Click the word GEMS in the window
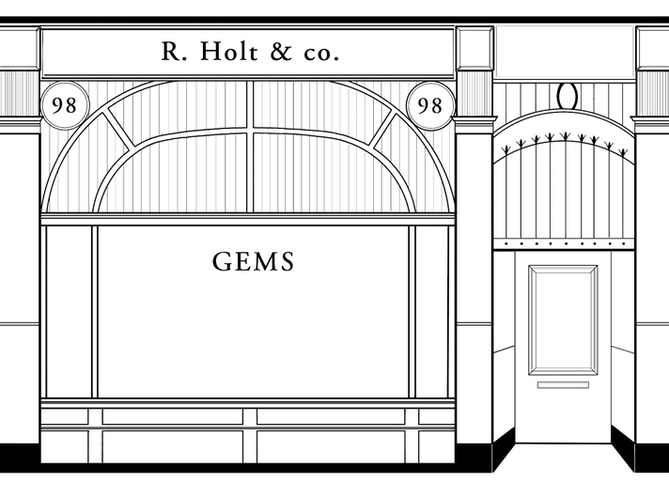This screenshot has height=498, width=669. tap(254, 261)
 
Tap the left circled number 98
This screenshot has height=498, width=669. tap(65, 104)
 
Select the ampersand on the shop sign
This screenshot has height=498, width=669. tap(281, 54)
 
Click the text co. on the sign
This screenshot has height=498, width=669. tap(319, 55)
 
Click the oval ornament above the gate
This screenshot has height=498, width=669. tap(566, 95)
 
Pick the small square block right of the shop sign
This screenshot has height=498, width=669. tap(475, 48)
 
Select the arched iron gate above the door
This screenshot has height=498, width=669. tap(564, 188)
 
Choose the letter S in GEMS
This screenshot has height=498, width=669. tap(287, 261)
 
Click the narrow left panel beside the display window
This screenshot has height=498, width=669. tap(68, 310)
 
